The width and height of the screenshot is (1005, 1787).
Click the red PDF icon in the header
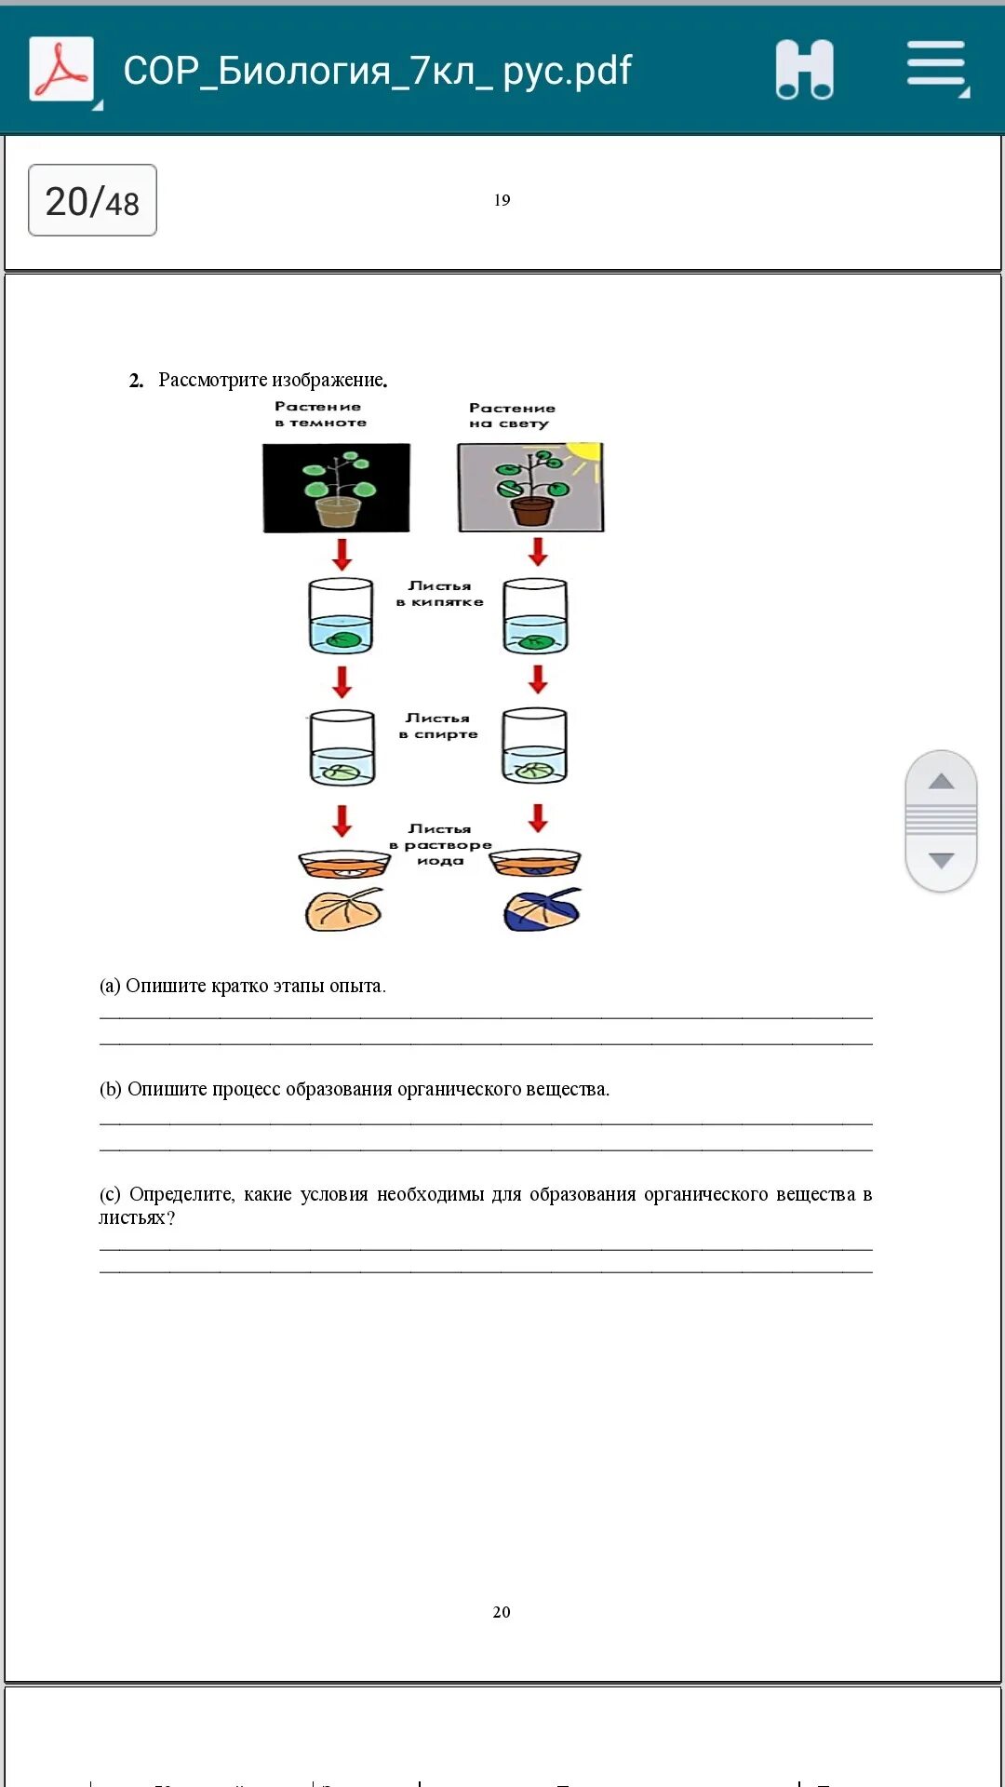point(61,69)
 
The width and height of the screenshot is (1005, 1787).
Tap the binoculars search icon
point(804,70)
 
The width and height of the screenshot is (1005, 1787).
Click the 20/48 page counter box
point(92,201)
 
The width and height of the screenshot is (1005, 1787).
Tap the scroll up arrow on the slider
point(941,781)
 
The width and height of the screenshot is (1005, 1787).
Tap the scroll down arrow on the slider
point(941,861)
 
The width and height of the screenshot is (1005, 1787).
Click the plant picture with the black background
point(336,488)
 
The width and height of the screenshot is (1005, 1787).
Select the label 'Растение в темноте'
point(319,414)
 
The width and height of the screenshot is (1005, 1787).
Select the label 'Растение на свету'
point(511,415)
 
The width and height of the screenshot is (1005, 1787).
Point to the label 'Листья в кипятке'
point(440,594)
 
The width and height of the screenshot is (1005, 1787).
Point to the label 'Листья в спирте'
point(438,726)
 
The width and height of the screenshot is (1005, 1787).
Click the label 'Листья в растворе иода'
point(440,844)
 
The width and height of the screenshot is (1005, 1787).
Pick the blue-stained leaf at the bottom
point(541,910)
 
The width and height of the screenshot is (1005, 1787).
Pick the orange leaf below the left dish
point(343,909)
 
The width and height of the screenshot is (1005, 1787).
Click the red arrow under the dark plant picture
point(342,554)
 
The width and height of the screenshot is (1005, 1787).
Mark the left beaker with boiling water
point(341,616)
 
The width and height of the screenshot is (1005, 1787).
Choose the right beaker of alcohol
point(534,746)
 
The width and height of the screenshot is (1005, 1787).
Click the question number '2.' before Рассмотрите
point(136,381)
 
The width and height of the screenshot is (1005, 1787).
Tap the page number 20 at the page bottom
point(502,1612)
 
